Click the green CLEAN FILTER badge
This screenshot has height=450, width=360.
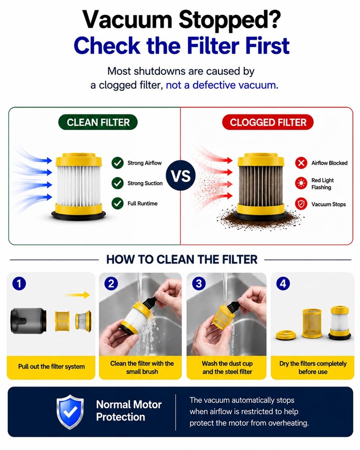(98, 122)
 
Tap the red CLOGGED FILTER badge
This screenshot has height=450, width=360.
(268, 122)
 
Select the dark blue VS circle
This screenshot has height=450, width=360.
(180, 175)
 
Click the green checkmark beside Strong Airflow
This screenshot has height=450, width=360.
(117, 163)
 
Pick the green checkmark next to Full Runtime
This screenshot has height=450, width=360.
(117, 203)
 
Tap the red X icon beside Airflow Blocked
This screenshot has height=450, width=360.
(301, 163)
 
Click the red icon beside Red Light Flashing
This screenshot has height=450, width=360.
(301, 184)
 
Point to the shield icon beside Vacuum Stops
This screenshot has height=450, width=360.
(301, 204)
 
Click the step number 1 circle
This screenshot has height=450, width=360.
(19, 283)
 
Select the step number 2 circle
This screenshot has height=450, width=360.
(111, 283)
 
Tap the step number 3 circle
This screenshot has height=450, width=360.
(198, 283)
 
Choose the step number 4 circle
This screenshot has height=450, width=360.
(283, 283)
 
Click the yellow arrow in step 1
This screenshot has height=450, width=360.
(77, 295)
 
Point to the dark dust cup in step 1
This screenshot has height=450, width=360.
(28, 320)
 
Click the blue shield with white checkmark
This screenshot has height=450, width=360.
(70, 412)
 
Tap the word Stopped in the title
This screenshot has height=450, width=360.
(229, 20)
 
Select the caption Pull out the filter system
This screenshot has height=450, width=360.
(51, 366)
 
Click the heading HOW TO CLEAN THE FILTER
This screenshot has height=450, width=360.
(182, 260)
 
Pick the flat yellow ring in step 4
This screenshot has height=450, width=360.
(286, 335)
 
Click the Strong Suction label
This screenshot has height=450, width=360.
(145, 184)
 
